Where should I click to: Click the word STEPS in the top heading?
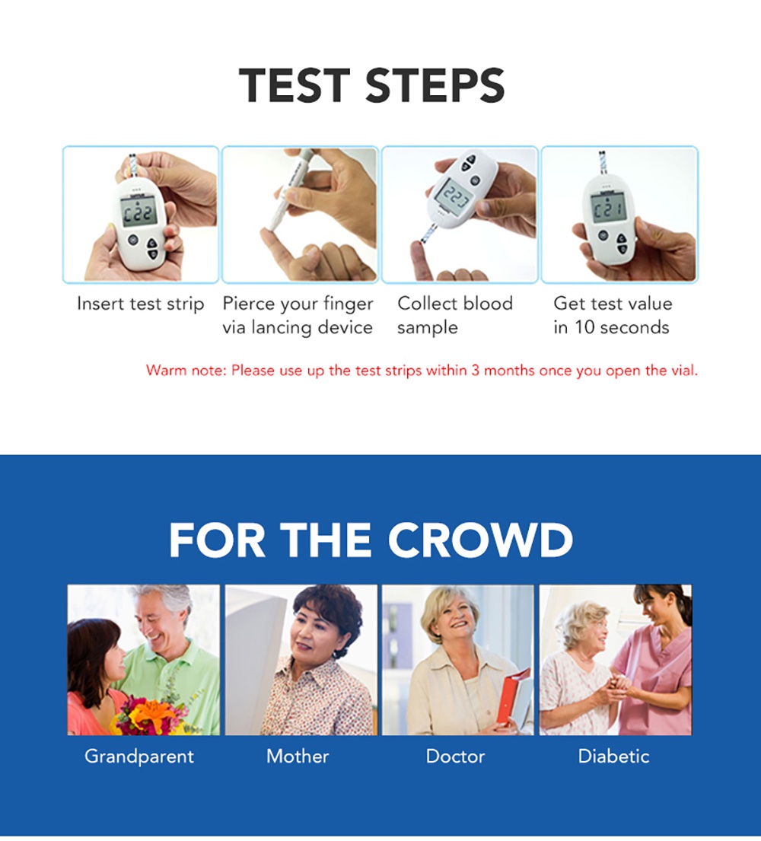(x=435, y=85)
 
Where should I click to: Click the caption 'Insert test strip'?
(x=141, y=304)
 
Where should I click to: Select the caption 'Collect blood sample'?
(x=454, y=315)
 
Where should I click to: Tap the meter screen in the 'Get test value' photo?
(x=608, y=207)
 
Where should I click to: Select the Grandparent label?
(x=139, y=757)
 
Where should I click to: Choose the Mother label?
(x=298, y=757)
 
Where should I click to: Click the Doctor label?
(x=455, y=757)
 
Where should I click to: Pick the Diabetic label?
(x=613, y=757)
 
